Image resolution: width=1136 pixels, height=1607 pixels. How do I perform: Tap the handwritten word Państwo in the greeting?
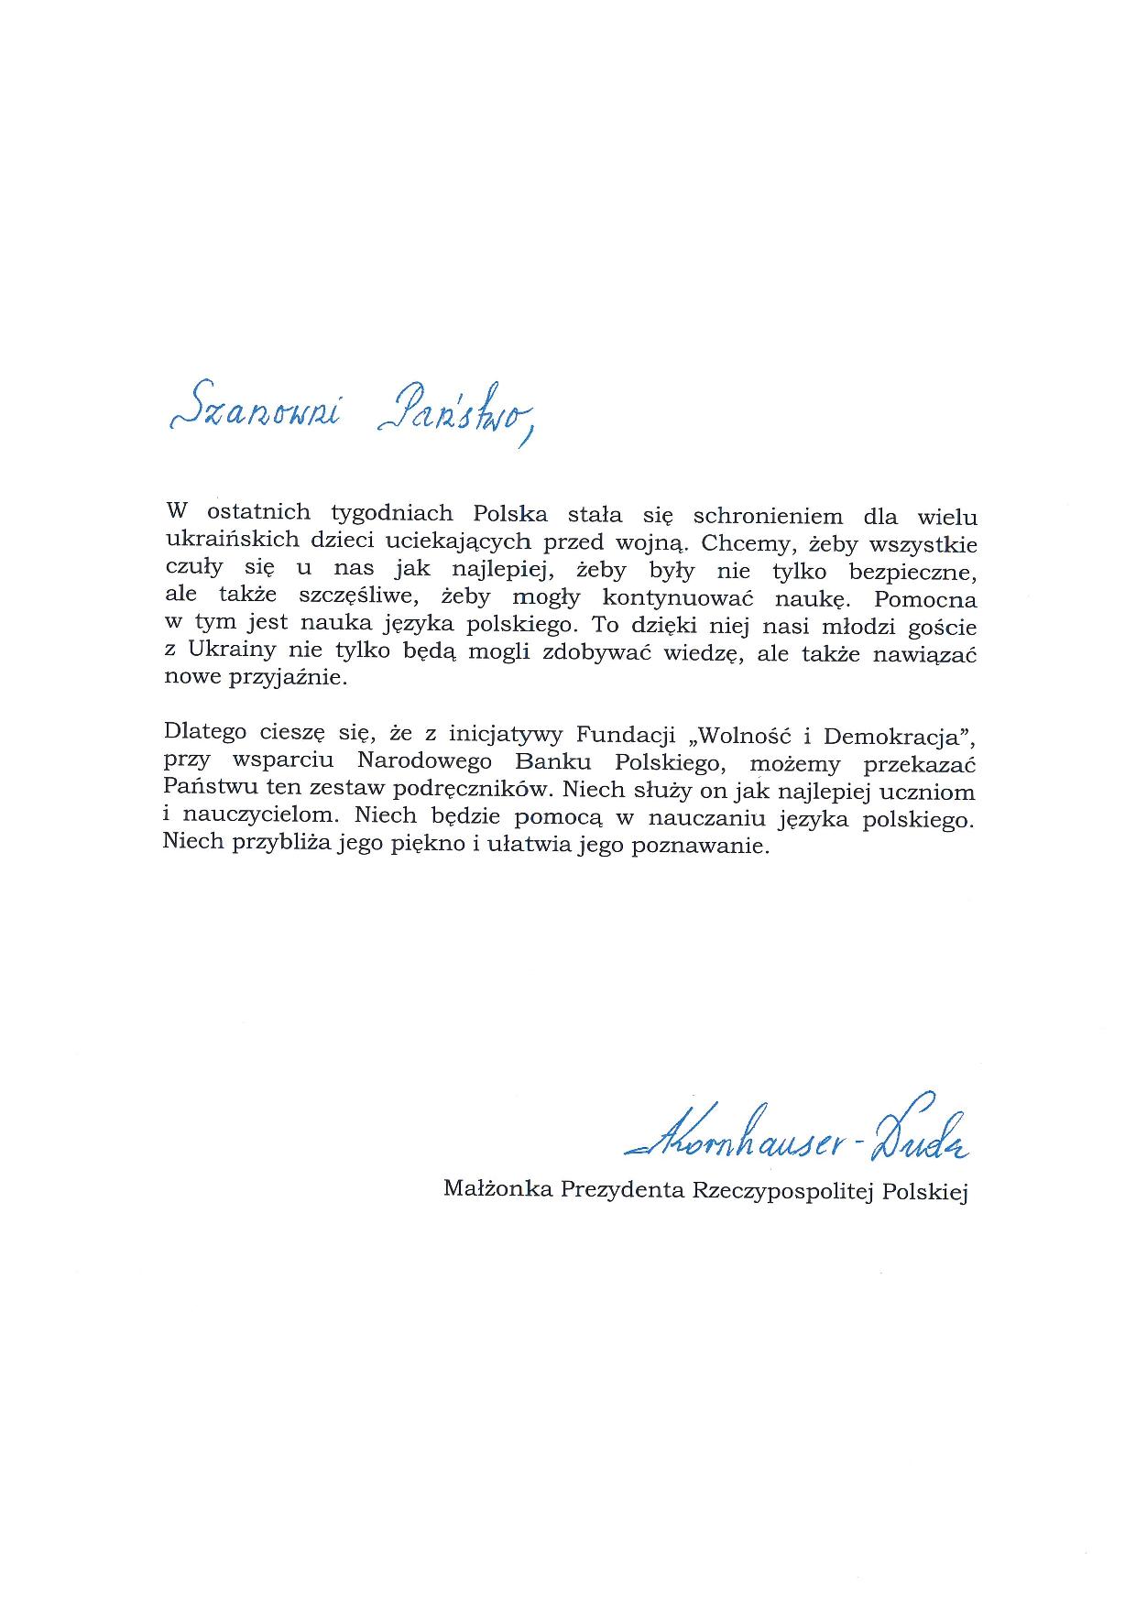click(x=454, y=412)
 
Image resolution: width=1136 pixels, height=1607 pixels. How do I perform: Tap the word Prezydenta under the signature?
click(x=624, y=1190)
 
